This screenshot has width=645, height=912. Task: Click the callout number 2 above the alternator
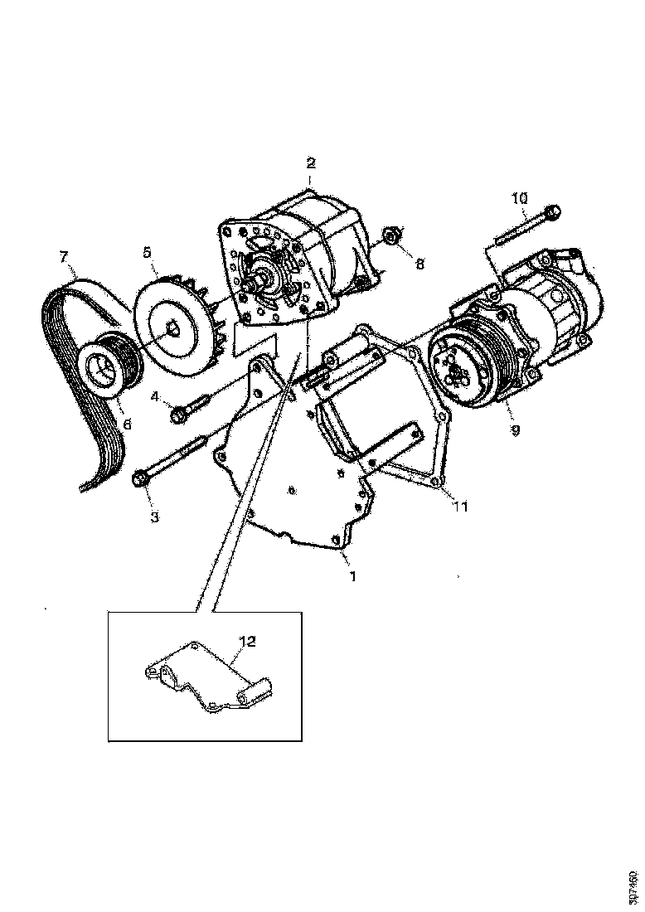[311, 163]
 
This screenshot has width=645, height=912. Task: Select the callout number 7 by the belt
[63, 256]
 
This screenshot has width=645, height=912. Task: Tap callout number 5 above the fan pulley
[148, 250]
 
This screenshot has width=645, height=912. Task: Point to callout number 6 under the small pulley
[127, 422]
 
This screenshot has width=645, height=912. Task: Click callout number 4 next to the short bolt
[154, 396]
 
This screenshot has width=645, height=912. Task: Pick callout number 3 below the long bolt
[154, 517]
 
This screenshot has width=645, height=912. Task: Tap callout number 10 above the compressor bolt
[519, 198]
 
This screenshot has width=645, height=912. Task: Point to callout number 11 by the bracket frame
[461, 506]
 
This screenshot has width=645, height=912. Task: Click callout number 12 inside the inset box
[248, 641]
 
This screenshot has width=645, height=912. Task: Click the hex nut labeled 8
[392, 239]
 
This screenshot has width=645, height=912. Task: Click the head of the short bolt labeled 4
[177, 412]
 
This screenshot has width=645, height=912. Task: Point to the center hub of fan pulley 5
[172, 327]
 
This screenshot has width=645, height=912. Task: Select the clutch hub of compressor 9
[455, 370]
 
